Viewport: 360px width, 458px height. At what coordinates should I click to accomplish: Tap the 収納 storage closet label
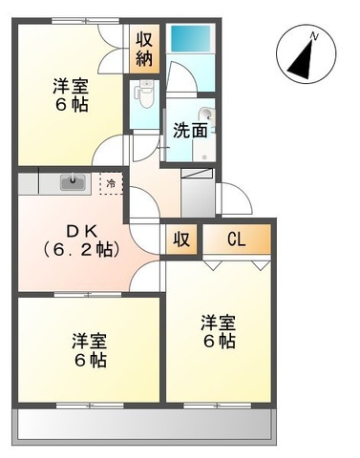144,48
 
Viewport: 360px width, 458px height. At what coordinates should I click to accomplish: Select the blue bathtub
191,39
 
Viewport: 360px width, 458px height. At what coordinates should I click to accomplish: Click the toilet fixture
146,95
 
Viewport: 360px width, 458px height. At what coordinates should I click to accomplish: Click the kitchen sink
73,181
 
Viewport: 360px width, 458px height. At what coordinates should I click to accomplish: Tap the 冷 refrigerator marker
112,182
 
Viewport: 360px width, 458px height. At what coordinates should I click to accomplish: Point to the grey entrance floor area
198,196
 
